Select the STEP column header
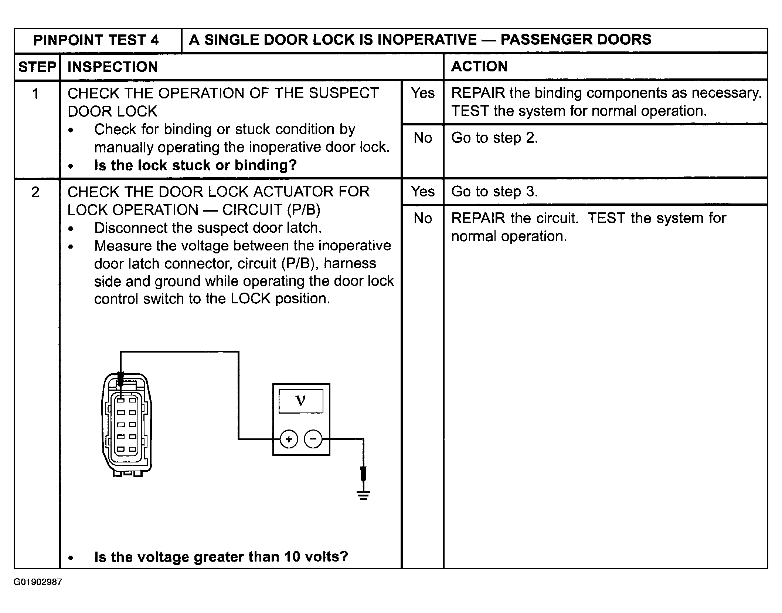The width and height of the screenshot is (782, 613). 37,67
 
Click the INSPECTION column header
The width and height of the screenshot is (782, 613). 113,67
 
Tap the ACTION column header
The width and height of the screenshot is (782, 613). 479,67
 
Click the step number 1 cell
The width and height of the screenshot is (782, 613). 35,94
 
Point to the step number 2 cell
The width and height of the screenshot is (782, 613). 35,192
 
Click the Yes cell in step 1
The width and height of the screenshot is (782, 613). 423,93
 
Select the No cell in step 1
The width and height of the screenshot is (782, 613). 423,138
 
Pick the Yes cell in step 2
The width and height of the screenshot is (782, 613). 423,192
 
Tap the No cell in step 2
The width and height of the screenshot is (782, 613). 423,218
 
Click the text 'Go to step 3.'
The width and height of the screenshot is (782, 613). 494,192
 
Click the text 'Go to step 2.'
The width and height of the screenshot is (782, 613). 494,138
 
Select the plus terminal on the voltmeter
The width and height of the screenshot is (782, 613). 289,439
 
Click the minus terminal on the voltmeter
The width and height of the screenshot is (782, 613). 313,439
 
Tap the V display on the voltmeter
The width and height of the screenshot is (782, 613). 301,401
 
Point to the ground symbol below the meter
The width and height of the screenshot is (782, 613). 363,495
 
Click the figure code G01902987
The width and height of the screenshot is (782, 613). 38,582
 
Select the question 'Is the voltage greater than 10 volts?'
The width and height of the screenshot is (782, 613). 221,557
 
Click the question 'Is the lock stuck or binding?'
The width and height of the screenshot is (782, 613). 195,165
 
